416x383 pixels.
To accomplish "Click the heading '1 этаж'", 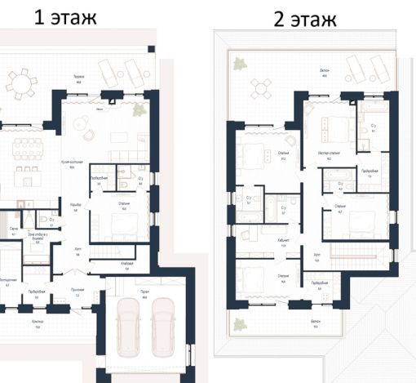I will pos(64,17).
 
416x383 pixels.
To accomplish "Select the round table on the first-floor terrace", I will pos(22,82).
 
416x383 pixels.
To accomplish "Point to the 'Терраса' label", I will pos(79,77).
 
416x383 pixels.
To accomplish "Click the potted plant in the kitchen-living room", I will pos(138,108).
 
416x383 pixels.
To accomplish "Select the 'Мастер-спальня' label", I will pos(330,152).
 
